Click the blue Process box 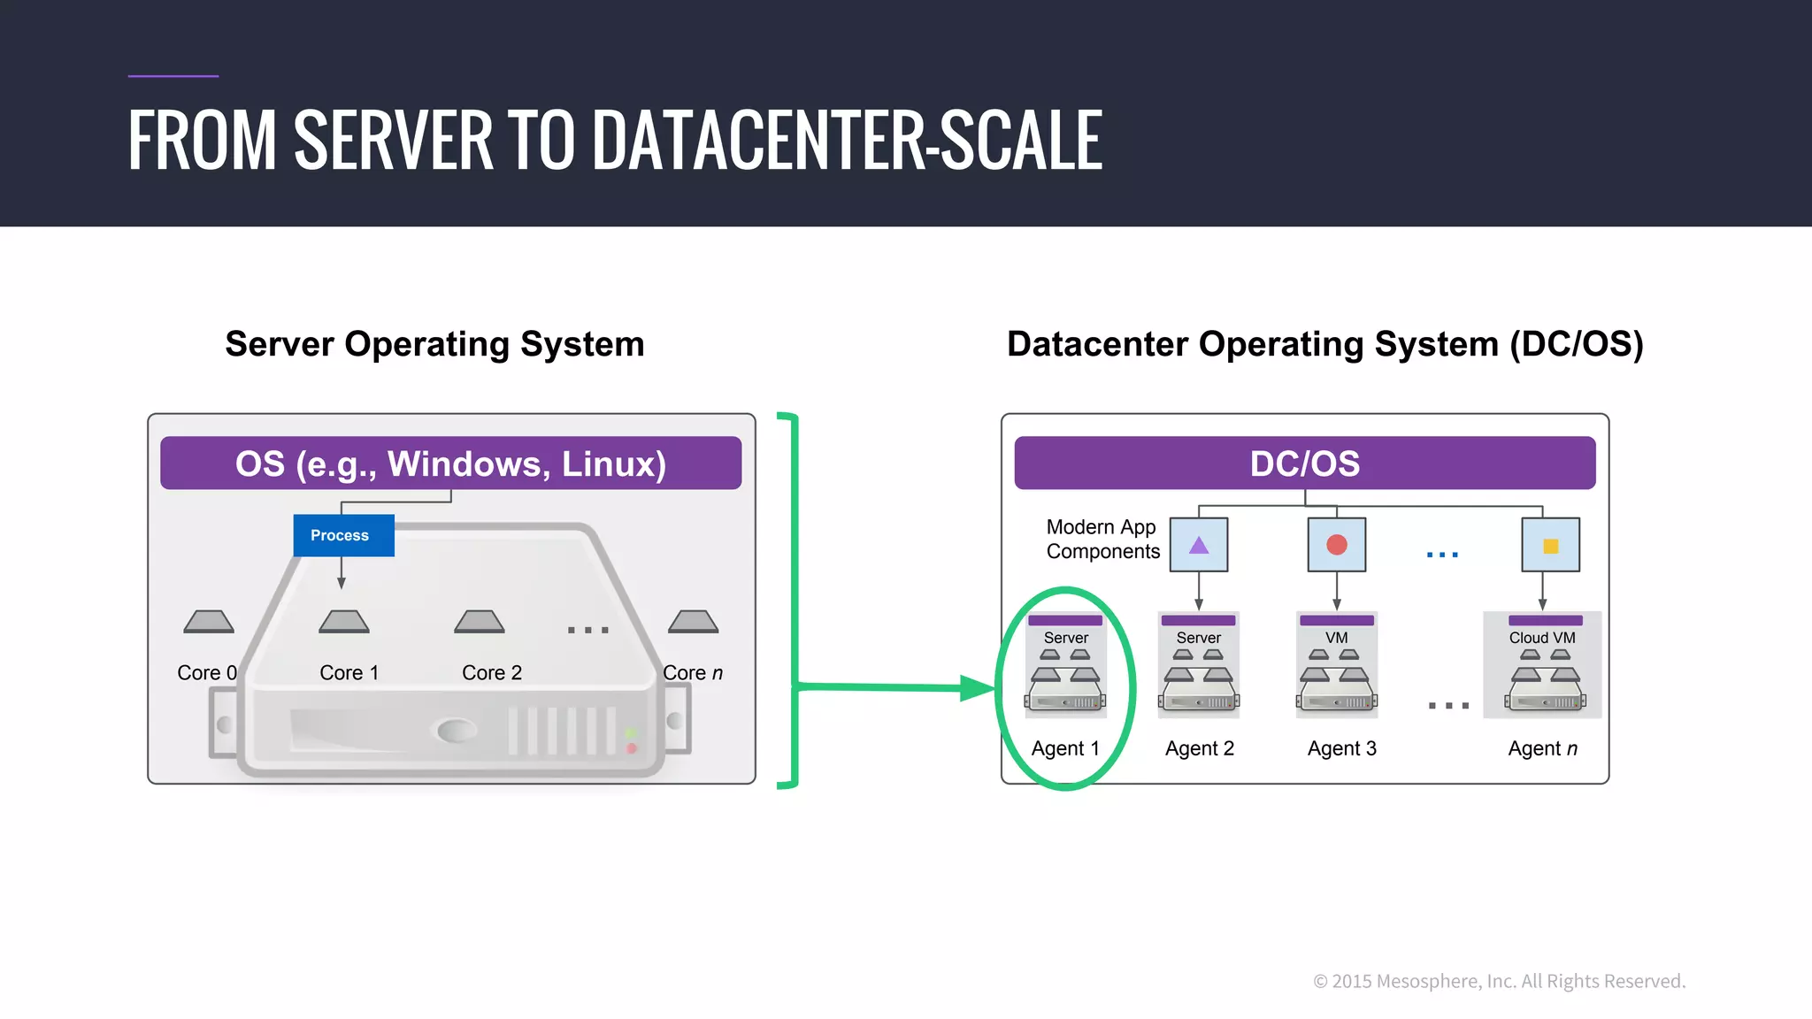(x=343, y=535)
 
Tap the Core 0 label (x=206, y=673)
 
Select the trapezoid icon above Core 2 (x=479, y=622)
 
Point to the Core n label (x=693, y=673)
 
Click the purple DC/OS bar (x=1304, y=464)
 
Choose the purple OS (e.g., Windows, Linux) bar (x=450, y=464)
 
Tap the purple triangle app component (x=1199, y=545)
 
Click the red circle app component (x=1337, y=545)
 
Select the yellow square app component (x=1550, y=546)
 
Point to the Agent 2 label (x=1199, y=748)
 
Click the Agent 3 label (x=1341, y=748)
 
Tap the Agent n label (x=1542, y=748)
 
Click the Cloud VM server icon (x=1542, y=677)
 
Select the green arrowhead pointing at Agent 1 (x=978, y=688)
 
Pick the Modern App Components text (x=1102, y=539)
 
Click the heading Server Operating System (x=434, y=344)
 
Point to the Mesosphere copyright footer (x=1499, y=981)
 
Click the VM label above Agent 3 (x=1336, y=638)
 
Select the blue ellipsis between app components (x=1442, y=555)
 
